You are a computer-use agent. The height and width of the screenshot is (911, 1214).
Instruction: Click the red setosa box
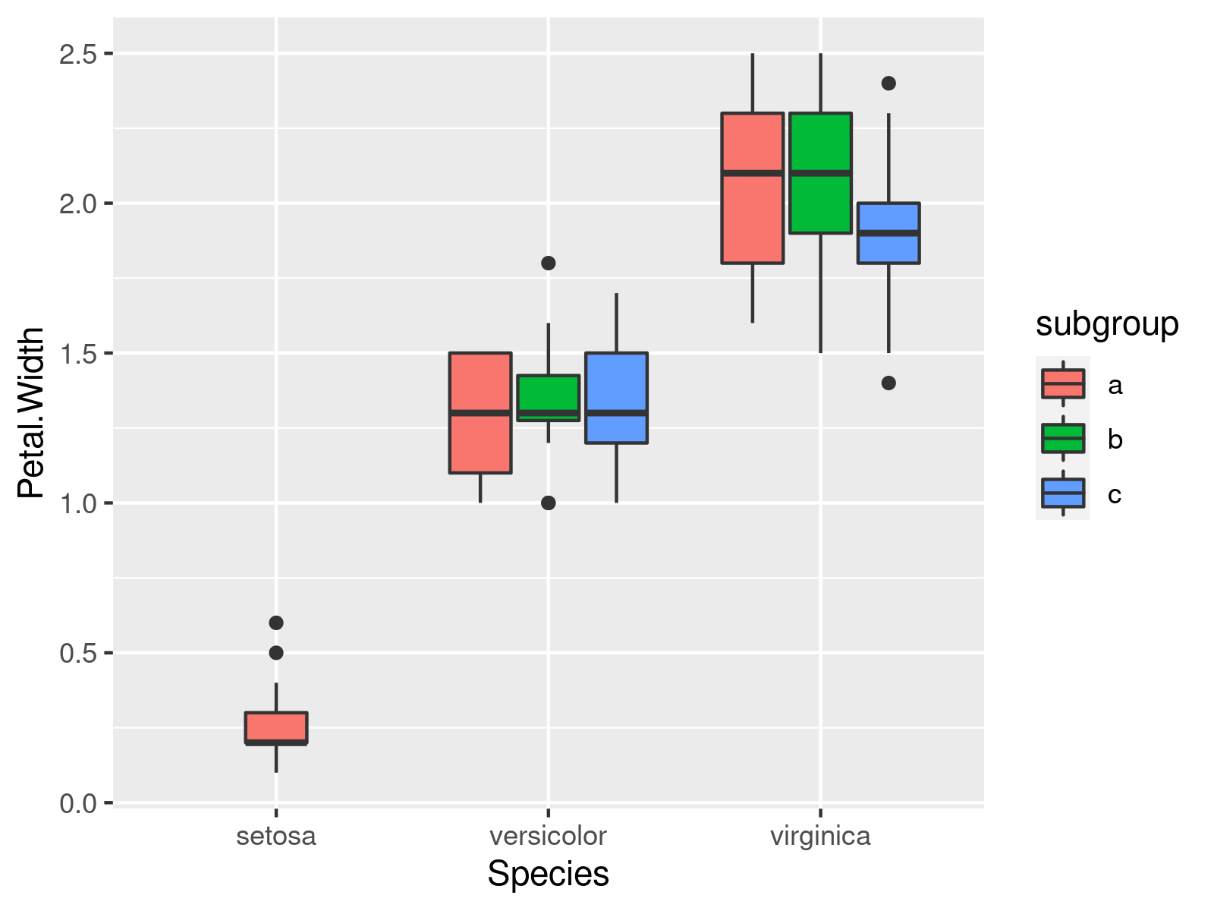tap(275, 727)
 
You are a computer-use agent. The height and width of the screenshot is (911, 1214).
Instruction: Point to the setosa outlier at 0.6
tap(276, 623)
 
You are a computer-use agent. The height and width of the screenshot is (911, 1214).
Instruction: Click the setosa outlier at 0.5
tap(276, 653)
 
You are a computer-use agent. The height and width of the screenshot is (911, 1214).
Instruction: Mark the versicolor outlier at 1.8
tap(548, 263)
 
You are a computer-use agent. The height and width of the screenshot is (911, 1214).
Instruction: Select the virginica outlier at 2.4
tap(888, 83)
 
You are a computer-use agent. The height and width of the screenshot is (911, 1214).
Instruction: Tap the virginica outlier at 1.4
tap(888, 383)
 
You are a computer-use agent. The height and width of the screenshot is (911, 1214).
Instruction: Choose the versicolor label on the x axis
tap(548, 837)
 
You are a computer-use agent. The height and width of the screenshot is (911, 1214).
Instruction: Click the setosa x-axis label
tap(275, 837)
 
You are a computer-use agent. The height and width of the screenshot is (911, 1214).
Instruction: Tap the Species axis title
tap(548, 874)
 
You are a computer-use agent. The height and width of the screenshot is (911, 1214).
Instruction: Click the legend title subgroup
tap(1106, 325)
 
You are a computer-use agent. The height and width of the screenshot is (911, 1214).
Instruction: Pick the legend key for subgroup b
tap(1062, 439)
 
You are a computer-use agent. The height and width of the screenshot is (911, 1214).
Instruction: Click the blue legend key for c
tap(1062, 493)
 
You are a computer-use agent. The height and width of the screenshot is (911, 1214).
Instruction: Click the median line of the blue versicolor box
tap(616, 413)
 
